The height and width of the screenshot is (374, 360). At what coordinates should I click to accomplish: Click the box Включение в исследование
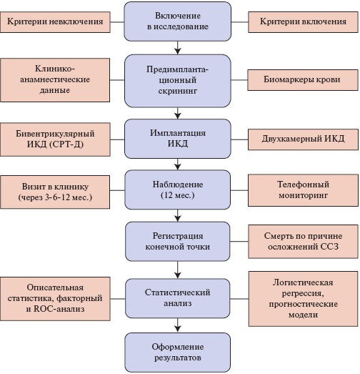pos(177,21)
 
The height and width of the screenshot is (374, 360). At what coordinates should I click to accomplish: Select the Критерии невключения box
pos(55,22)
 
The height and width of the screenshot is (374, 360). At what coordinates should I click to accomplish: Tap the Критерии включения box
pos(303,22)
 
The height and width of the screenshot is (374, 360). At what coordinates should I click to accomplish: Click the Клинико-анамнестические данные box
pos(55,80)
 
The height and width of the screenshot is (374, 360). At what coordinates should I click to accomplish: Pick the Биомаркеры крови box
pos(303,80)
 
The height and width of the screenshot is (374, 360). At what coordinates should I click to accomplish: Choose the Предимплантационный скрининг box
pos(177,81)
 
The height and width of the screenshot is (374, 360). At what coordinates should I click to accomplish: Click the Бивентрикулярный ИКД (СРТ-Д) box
pos(55,139)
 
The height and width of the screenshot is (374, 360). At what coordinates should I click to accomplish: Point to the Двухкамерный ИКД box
pos(303,139)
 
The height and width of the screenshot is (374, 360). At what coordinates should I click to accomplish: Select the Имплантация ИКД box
pos(177,139)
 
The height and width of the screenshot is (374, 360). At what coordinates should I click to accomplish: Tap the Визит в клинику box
pos(55,192)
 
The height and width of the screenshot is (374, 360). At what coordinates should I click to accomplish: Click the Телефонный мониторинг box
pos(303,190)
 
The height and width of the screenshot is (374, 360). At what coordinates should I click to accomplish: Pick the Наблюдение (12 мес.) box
pos(177,190)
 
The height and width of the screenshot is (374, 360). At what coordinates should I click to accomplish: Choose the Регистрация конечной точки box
pos(177,242)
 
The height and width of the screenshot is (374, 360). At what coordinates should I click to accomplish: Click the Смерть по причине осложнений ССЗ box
pos(303,242)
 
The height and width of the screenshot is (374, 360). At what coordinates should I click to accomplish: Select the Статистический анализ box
pos(177,298)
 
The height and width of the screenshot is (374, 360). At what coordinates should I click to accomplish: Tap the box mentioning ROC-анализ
pos(55,299)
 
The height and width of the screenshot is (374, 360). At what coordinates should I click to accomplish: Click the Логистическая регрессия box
pos(304,299)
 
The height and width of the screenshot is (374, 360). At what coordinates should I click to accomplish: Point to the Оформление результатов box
pos(177,353)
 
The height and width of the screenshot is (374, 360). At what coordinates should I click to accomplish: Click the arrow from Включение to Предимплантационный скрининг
pos(177,48)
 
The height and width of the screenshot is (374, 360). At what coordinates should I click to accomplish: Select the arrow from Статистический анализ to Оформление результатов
pos(177,325)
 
